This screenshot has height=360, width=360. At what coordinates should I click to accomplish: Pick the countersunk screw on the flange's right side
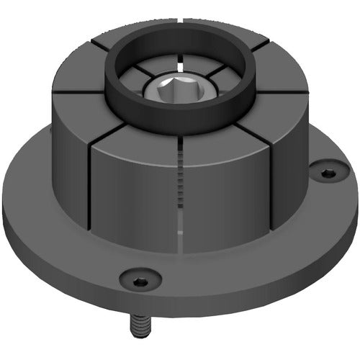[x=327, y=173]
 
